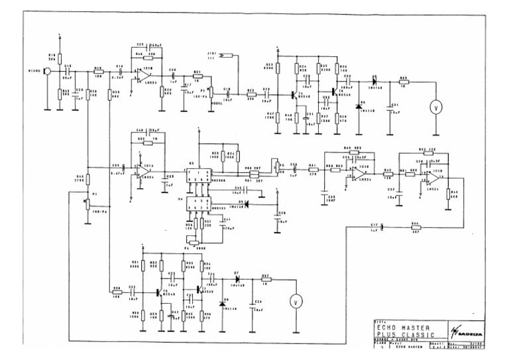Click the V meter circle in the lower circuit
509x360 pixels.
click(296, 302)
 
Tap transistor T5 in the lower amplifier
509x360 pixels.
click(158, 292)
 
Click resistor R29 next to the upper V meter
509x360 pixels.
click(404, 83)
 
